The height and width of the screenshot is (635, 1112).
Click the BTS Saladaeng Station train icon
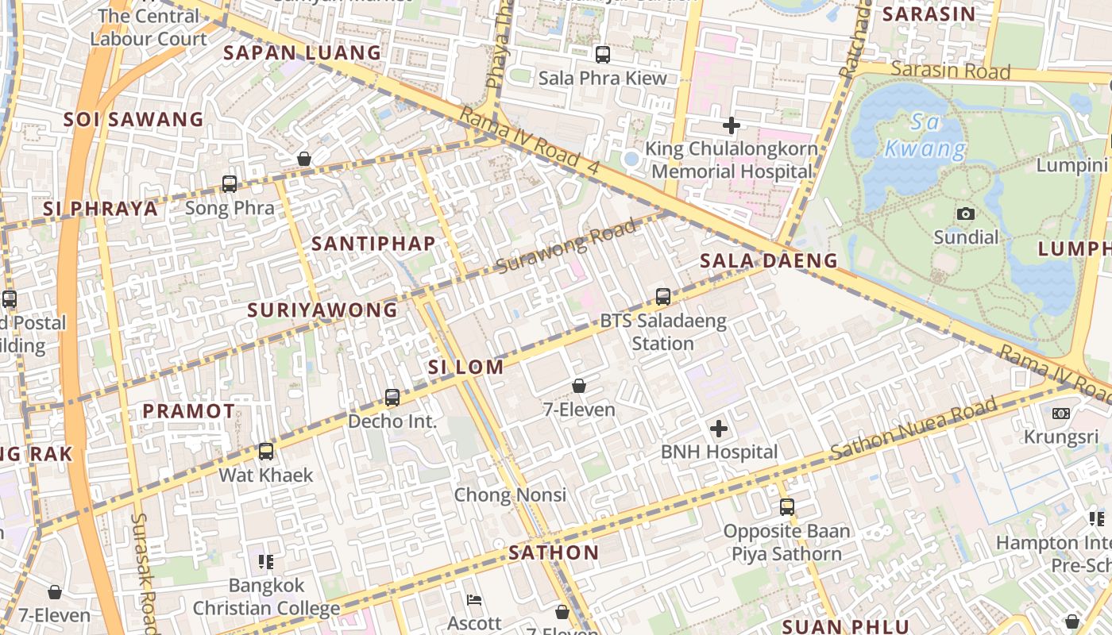663,297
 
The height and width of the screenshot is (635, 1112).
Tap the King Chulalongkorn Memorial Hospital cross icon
732,125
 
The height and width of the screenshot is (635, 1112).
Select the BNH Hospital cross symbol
719,429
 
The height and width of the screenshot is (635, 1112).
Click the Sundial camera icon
966,214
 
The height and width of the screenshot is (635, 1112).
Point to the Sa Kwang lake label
925,136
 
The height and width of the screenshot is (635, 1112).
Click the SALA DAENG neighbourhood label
768,260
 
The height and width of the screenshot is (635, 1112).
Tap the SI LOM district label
465,367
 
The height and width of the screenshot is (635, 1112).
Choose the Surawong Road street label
566,247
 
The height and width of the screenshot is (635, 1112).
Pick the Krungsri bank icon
1061,414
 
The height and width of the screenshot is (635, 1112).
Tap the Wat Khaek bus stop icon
266,452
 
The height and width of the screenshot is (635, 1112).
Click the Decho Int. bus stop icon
392,398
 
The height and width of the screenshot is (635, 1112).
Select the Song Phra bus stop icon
230,184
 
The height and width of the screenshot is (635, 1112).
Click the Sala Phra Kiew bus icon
603,55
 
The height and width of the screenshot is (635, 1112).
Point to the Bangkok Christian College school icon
266,562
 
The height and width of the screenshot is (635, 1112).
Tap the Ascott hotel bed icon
474,600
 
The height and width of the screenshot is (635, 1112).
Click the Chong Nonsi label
510,495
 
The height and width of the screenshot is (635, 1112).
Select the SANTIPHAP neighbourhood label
373,244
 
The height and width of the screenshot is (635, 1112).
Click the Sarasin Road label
950,71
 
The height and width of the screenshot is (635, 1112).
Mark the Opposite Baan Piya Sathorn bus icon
786,506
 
